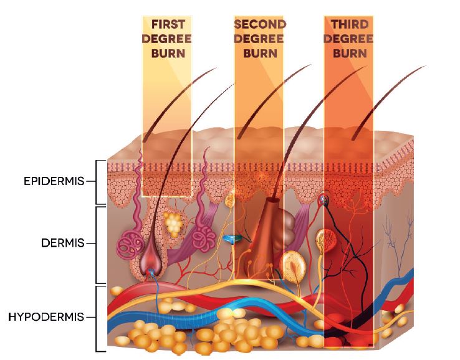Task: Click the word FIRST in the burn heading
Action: pyautogui.click(x=168, y=24)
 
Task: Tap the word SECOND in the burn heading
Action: pyautogui.click(x=260, y=24)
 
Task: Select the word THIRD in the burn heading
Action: pyautogui.click(x=350, y=24)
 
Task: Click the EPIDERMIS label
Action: pyautogui.click(x=54, y=181)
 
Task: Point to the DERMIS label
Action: pyautogui.click(x=63, y=243)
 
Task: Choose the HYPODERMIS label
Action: pyautogui.click(x=46, y=317)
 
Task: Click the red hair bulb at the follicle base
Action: pyautogui.click(x=151, y=262)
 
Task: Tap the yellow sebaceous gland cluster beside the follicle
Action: pyautogui.click(x=173, y=224)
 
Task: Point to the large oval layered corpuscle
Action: pyautogui.click(x=292, y=265)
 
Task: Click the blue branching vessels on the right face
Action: pyautogui.click(x=398, y=244)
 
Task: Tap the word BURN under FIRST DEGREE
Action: pyautogui.click(x=168, y=54)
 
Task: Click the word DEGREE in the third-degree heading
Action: pyautogui.click(x=348, y=39)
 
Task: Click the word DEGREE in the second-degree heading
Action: pyautogui.click(x=259, y=39)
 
